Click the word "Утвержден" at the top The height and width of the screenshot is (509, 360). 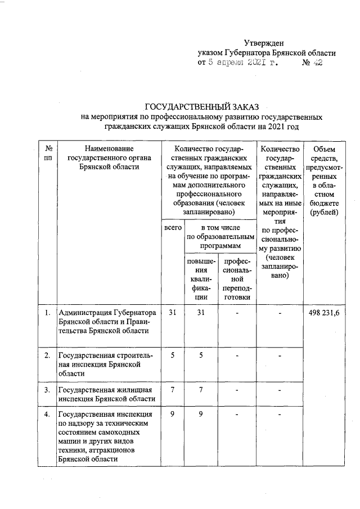click(264, 43)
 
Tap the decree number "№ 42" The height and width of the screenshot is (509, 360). click(312, 63)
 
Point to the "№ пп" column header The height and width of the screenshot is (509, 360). click(48, 153)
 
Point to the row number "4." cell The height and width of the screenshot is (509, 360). click(48, 415)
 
